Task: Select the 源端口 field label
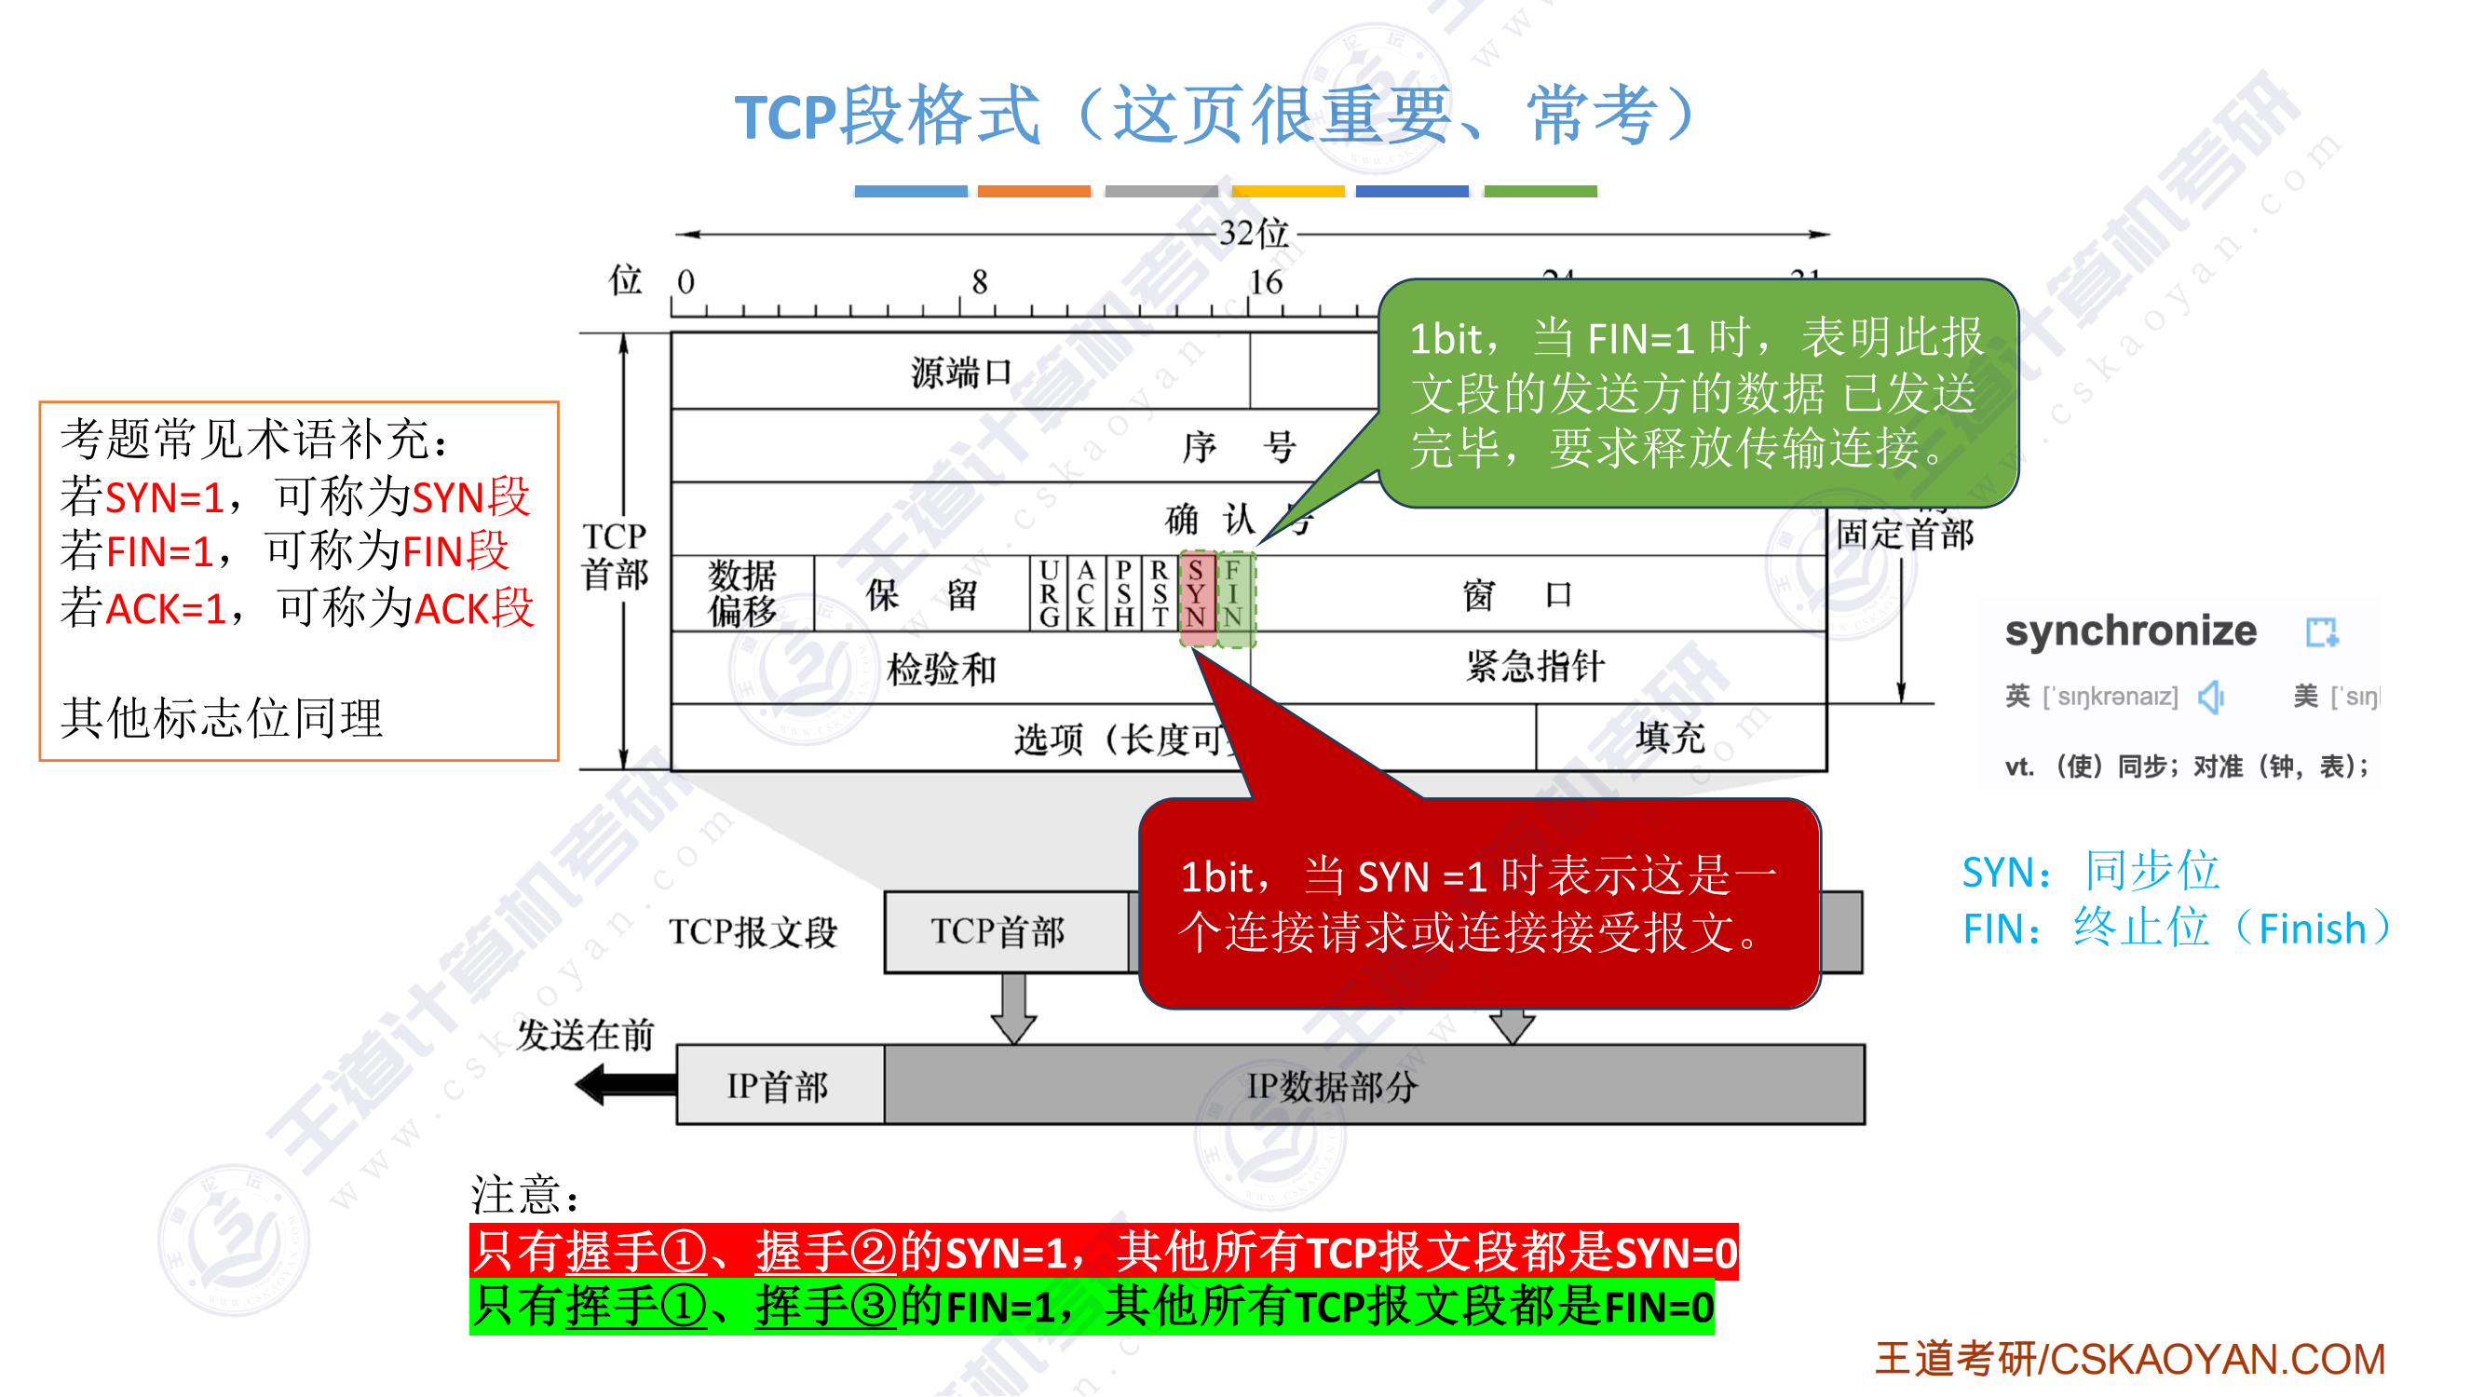tap(960, 373)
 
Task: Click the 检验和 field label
tap(941, 669)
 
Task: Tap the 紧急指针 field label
tap(1535, 666)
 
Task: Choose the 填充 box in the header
tap(1670, 739)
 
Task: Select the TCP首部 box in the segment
tap(998, 932)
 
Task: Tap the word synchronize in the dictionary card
tap(2130, 631)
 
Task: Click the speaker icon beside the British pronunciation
tap(2210, 697)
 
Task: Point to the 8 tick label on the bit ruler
tap(980, 282)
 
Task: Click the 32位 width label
tap(1254, 234)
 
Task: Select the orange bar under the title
tap(1034, 192)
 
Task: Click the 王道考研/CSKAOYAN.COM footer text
tap(2129, 1360)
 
